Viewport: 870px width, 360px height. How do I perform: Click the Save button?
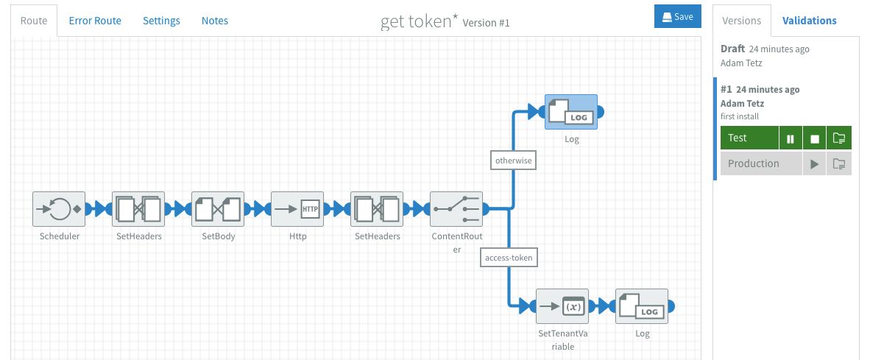click(677, 17)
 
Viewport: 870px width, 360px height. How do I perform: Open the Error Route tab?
click(95, 21)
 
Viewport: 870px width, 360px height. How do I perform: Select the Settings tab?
click(161, 21)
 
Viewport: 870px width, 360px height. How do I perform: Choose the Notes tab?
click(214, 21)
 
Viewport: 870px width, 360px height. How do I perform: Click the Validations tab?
click(809, 21)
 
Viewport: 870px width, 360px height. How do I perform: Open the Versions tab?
click(742, 21)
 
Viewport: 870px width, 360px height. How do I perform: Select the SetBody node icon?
click(218, 209)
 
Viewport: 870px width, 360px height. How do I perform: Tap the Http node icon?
click(297, 209)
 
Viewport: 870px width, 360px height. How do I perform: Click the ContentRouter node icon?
click(456, 209)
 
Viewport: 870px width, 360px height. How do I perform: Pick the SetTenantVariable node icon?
click(563, 306)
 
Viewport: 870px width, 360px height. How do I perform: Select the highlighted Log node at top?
click(571, 112)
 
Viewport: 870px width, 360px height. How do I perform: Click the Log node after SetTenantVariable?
click(642, 306)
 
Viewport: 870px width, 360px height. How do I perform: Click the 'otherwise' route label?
click(513, 159)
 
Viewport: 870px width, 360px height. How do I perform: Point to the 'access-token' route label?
click(509, 257)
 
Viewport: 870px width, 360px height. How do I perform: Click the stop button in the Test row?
click(814, 138)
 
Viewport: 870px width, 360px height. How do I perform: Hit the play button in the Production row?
click(814, 164)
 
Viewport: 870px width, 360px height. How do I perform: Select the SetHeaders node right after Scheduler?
click(139, 209)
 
